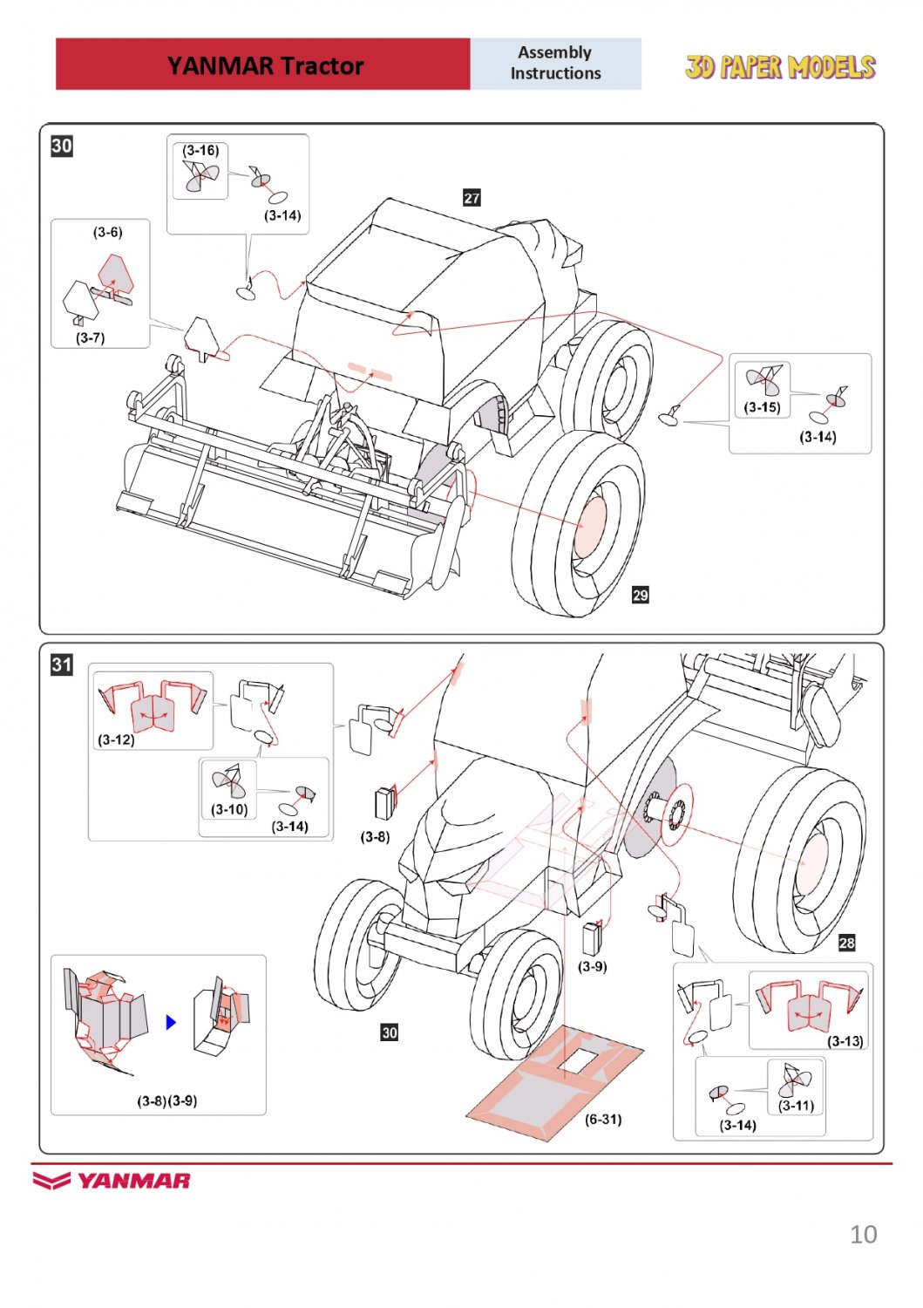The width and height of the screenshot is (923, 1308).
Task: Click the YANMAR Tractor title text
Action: point(265,65)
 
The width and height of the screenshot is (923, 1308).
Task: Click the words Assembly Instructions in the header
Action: point(555,63)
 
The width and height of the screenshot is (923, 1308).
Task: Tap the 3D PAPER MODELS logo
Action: point(779,67)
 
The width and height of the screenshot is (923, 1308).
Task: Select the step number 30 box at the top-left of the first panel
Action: point(62,146)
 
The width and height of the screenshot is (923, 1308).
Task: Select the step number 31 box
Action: point(62,664)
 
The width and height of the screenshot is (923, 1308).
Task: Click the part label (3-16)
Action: point(200,150)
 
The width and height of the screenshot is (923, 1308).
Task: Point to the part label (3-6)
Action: point(108,232)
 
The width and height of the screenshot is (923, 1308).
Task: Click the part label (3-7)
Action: point(91,337)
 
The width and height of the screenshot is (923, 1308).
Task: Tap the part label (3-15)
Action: point(762,406)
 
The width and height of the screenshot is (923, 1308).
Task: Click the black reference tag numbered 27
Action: point(472,198)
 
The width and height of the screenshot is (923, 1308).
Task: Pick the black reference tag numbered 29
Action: point(641,595)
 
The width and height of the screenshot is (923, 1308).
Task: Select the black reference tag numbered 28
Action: point(846,943)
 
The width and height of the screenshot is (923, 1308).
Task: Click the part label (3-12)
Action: point(116,739)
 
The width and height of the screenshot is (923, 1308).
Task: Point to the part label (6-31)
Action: point(603,1119)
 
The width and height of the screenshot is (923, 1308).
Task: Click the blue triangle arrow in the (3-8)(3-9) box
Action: point(171,1021)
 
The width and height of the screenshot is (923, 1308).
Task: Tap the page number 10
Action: point(863,1234)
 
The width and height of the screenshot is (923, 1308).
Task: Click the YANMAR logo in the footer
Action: point(112,1181)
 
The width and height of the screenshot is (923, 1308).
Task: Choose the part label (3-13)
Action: point(845,1041)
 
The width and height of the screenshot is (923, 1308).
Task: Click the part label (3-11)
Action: point(796,1105)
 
